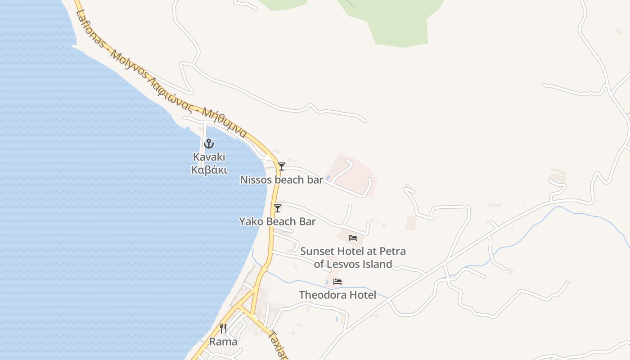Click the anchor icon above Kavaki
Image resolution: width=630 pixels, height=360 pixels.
coord(208,144)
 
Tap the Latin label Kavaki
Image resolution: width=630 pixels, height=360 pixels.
coord(209,157)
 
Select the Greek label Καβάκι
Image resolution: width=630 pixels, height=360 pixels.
coord(209,170)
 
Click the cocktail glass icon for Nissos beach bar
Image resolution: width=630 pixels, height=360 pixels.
coord(282,166)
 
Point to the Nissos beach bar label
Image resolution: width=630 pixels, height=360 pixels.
coord(281,180)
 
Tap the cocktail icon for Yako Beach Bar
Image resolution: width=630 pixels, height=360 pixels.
coord(278,208)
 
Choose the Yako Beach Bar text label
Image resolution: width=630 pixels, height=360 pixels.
coord(277,221)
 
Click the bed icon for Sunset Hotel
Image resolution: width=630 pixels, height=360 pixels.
coord(353,238)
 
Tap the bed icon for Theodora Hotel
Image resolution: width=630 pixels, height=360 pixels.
coord(337,282)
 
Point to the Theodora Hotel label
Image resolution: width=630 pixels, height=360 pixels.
coord(337,295)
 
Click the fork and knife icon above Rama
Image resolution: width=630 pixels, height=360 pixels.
coord(223,328)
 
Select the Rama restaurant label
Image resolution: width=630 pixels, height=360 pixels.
coord(223,342)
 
